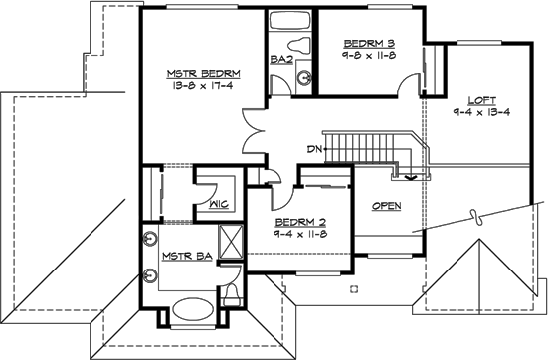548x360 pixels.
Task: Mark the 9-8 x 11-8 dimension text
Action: pos(369,58)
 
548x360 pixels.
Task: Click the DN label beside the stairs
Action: pos(315,149)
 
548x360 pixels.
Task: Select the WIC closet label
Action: pos(221,206)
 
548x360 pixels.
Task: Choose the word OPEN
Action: pos(387,206)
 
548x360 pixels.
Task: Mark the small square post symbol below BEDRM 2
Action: pos(352,289)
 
